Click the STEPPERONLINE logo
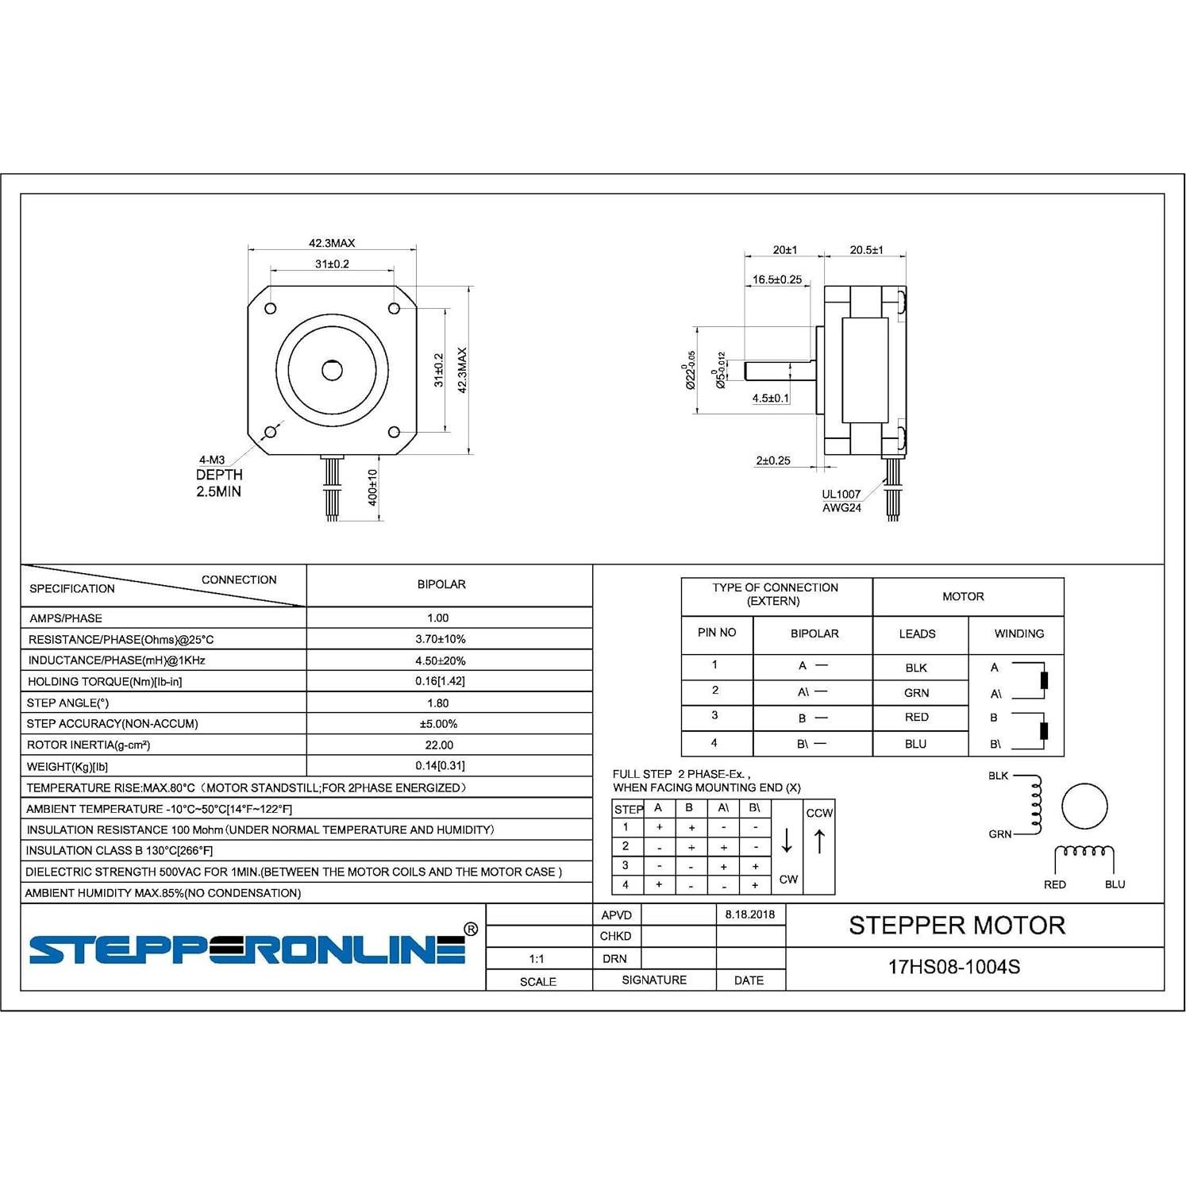coord(248,949)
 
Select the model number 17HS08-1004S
coord(953,967)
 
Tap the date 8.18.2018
coord(749,915)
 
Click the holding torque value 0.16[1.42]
coord(440,681)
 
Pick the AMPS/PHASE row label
coord(66,618)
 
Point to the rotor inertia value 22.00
coord(439,745)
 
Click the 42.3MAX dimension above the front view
coord(332,243)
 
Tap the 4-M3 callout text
coord(212,460)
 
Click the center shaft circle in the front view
coord(332,370)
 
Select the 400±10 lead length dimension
coord(372,487)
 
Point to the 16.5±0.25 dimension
coord(777,279)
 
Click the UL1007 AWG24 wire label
coord(841,501)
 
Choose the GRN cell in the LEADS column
coord(916,693)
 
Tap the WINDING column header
coord(1018,633)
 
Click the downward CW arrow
coord(787,841)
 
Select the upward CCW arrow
coord(820,841)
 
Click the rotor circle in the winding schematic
coord(1084,806)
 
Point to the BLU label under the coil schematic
coord(1115,884)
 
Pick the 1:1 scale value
coord(537,959)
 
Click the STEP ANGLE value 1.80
coord(437,703)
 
